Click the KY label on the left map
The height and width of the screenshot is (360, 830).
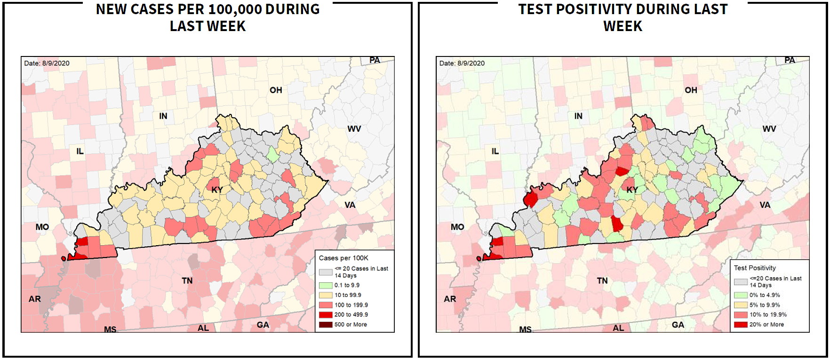pos(217,190)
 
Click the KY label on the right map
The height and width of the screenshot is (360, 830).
pos(632,190)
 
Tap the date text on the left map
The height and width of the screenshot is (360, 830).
pos(47,63)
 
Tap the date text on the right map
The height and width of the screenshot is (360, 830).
pos(462,63)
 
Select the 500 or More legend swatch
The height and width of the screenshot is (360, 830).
pos(326,324)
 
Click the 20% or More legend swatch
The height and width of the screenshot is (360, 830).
pos(741,324)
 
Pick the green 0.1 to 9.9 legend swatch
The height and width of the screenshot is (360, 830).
pos(326,285)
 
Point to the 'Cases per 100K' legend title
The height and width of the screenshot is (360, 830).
pos(343,258)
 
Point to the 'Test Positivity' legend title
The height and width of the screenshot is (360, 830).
pos(755,268)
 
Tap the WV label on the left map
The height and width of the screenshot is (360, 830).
pos(354,128)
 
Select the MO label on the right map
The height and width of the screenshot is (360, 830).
pos(457,227)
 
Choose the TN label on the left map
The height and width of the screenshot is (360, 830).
pos(187,280)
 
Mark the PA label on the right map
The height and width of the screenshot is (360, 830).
pos(790,60)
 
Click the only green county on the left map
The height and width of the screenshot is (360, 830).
pos(272,154)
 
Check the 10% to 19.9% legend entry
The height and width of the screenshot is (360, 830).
pos(768,314)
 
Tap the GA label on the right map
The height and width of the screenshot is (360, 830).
pos(678,325)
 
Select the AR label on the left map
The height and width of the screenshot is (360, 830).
pos(35,299)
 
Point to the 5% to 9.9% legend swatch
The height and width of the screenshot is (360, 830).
pos(741,305)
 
